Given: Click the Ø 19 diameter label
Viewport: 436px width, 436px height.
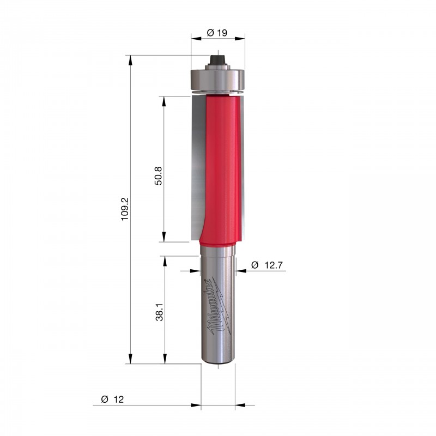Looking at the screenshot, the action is [217, 33].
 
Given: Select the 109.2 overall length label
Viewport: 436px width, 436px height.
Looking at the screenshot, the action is [125, 209].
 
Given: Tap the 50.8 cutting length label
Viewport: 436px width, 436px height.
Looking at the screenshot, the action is [158, 176].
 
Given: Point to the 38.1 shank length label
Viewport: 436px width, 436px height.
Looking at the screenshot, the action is [159, 312].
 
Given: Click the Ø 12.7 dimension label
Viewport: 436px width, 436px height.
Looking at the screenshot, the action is [267, 265].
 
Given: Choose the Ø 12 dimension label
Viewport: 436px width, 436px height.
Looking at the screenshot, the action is [112, 399].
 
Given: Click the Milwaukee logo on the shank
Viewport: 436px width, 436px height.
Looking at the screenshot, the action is [218, 306].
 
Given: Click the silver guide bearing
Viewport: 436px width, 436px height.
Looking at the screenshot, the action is [217, 80].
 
